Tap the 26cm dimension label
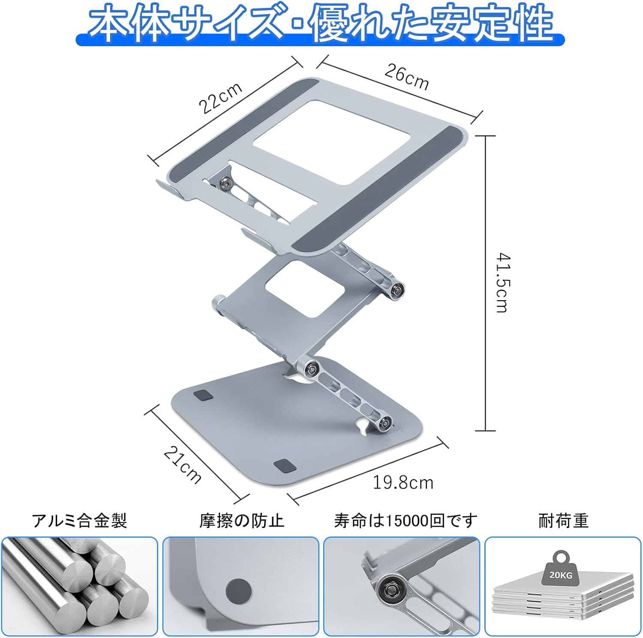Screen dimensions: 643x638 click(x=406, y=76)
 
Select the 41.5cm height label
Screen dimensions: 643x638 click(x=503, y=283)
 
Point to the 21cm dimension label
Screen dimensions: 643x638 click(x=183, y=465)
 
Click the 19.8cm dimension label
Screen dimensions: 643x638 click(x=403, y=483)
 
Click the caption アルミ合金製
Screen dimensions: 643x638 click(x=79, y=521)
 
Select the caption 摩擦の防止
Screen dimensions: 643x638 click(x=242, y=521)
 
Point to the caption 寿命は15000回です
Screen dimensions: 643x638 click(x=406, y=521)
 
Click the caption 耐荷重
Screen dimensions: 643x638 click(x=564, y=521)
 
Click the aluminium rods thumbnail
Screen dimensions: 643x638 click(x=80, y=586)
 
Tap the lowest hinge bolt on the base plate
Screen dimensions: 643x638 click(x=386, y=423)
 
